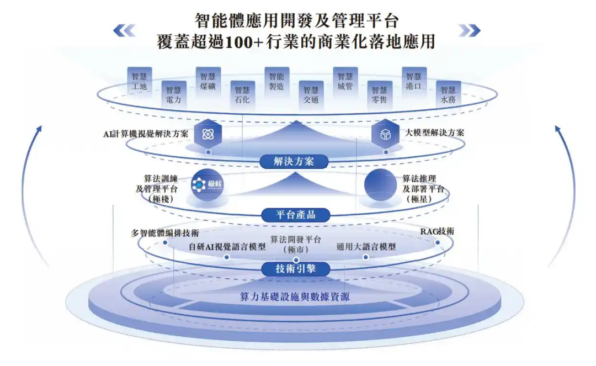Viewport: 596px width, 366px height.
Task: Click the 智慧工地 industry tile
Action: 140,82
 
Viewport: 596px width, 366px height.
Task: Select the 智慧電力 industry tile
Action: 173,96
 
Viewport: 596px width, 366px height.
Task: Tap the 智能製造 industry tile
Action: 276,82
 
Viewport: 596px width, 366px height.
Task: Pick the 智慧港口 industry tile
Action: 414,82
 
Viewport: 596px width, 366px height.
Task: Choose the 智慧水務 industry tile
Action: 448,96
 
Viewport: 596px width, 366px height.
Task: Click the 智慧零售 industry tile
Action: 379,96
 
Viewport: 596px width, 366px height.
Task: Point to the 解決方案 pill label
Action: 294,161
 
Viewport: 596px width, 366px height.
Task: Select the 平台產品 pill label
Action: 295,215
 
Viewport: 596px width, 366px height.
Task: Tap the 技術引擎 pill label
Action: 295,269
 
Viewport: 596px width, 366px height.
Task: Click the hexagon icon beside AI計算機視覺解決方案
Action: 208,134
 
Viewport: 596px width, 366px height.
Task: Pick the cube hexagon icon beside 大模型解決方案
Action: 385,134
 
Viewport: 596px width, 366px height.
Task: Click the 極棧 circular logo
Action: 206,185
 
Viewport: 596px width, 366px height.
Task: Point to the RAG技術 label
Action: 437,231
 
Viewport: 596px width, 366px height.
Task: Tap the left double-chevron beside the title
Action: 124,30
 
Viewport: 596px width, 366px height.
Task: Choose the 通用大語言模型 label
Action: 366,247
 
